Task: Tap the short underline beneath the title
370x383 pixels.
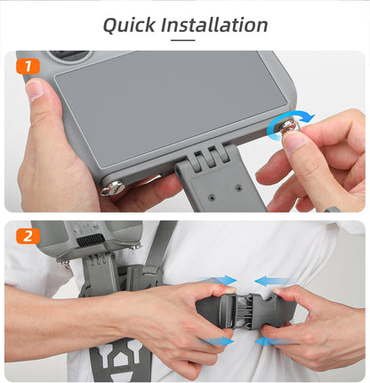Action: pos(184,41)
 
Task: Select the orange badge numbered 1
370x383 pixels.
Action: pos(28,65)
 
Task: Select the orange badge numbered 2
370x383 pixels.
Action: pos(28,235)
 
